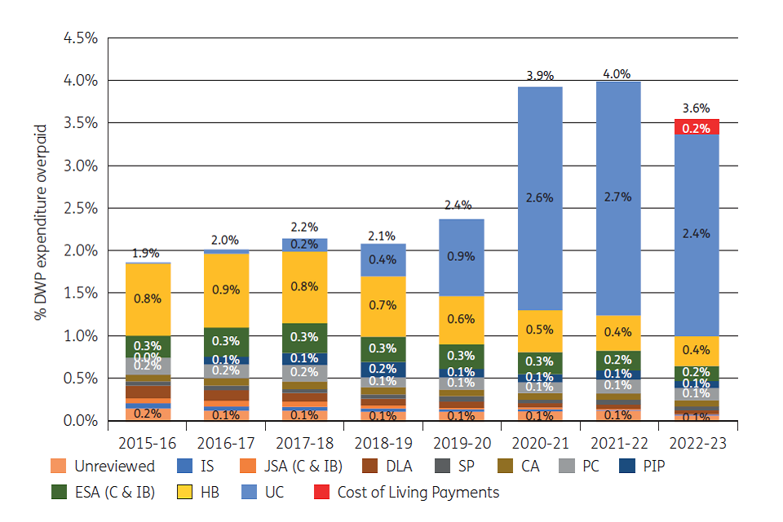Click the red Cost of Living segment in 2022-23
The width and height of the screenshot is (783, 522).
(696, 127)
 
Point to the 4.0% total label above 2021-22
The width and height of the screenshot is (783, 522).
(616, 73)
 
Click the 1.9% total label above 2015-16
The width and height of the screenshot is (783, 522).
(145, 254)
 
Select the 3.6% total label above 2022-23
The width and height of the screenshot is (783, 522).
(696, 108)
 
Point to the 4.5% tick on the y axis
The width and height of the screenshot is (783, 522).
(81, 38)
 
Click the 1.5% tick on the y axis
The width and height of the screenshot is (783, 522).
(81, 294)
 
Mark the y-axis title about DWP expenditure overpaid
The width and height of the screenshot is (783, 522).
(42, 222)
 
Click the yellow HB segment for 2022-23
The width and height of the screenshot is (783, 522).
(696, 352)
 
